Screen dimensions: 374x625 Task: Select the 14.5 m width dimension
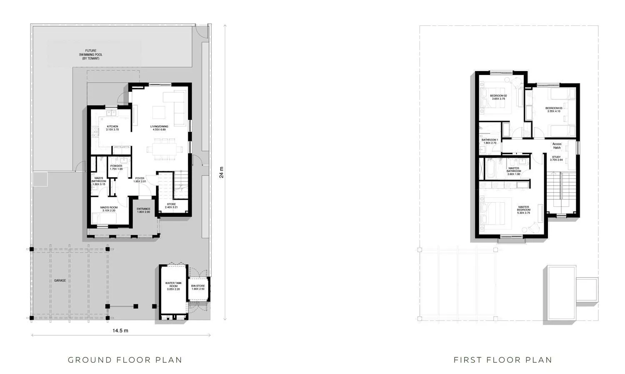(x=120, y=331)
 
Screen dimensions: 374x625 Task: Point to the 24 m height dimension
(x=222, y=172)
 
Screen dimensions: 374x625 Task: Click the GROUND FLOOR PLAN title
(x=125, y=360)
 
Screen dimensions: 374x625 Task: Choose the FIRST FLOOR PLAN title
(x=503, y=360)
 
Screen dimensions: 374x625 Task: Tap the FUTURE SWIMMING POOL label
(x=91, y=54)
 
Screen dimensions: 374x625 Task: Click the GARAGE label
(x=60, y=281)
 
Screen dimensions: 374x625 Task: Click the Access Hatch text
(x=557, y=146)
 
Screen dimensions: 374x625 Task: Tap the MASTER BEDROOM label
(x=524, y=208)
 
